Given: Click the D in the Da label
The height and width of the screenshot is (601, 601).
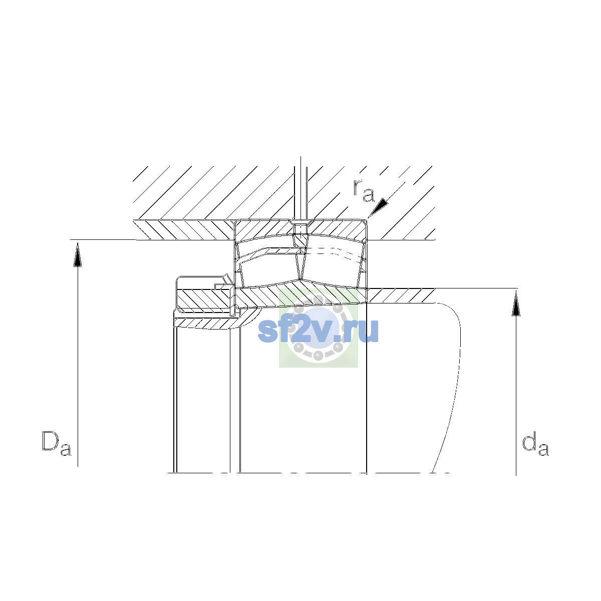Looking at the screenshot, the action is tap(51, 441).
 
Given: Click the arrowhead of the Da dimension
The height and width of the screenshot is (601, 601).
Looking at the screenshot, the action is tap(78, 254).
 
